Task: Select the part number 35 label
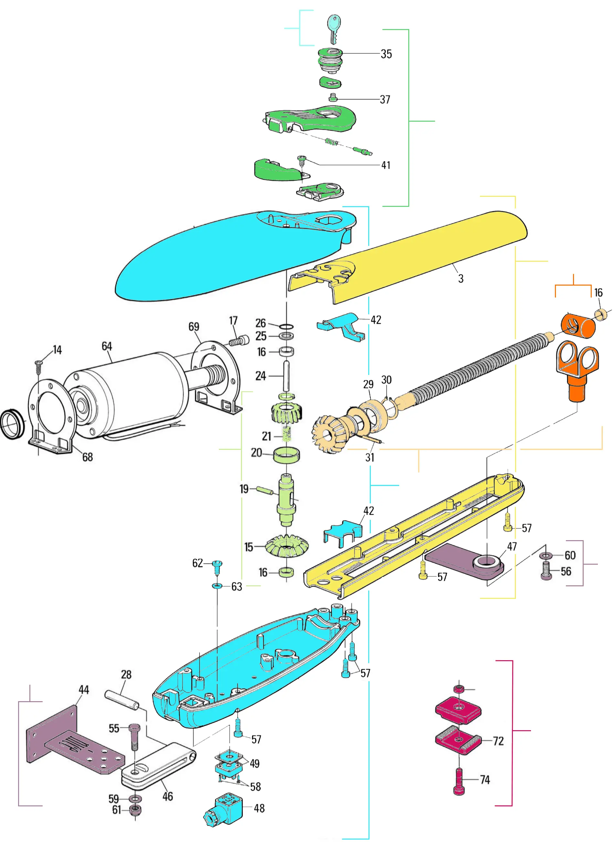386,54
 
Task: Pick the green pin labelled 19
265,490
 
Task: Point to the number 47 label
512,546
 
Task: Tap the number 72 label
498,741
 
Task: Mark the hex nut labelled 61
134,810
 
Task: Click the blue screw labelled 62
217,567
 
